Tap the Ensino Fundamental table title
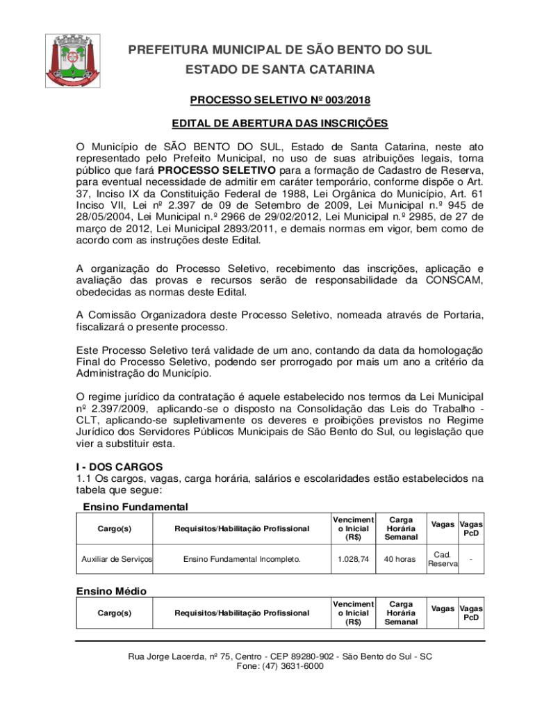coord(135,507)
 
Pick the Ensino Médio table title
coord(111,590)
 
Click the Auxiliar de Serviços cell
coord(117,558)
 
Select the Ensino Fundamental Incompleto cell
coord(242,558)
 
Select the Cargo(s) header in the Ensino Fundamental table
coord(115,528)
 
